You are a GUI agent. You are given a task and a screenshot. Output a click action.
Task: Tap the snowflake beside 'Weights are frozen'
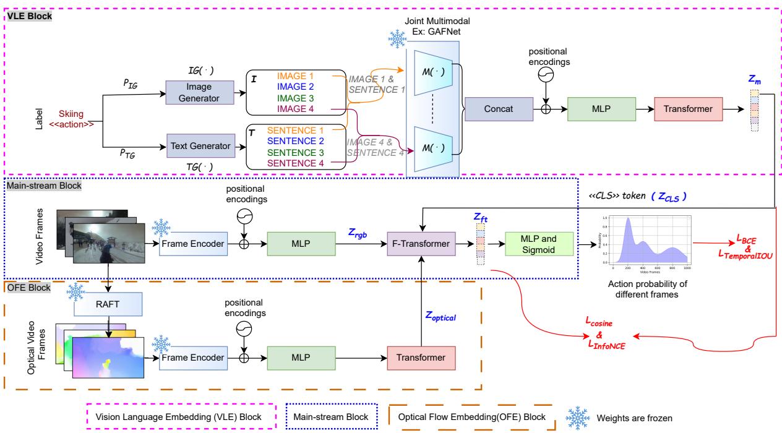click(x=580, y=418)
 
